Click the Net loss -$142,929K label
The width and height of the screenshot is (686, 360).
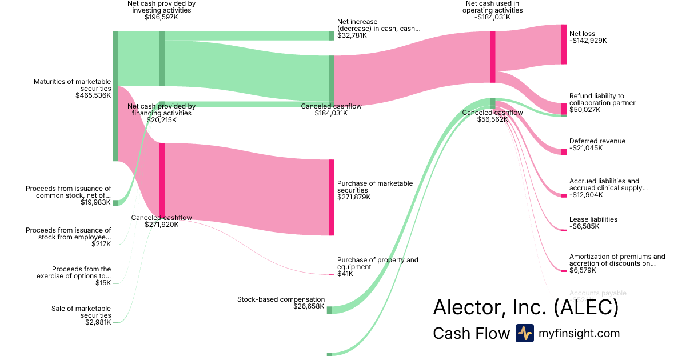click(x=588, y=37)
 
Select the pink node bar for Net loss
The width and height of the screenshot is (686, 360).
click(x=564, y=44)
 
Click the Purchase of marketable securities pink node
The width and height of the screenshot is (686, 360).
click(x=332, y=197)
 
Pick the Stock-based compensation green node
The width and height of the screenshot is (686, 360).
click(x=329, y=310)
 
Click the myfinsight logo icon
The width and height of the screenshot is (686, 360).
click(x=524, y=333)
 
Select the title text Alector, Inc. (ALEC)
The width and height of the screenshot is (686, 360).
click(x=525, y=307)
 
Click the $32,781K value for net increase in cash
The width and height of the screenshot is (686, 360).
click(x=352, y=35)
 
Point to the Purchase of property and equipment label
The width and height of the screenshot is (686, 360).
click(x=377, y=263)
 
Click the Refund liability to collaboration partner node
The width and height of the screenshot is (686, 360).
click(x=564, y=109)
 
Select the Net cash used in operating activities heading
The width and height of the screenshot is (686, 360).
click(x=493, y=10)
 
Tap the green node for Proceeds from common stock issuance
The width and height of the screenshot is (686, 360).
click(x=115, y=202)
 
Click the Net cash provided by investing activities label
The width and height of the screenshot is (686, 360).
click(x=161, y=10)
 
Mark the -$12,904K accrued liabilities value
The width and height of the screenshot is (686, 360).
click(x=586, y=195)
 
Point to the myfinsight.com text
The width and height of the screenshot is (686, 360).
click(x=579, y=333)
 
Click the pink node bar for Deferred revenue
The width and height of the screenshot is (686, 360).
click(x=564, y=151)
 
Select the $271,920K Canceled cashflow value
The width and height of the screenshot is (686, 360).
click(x=162, y=225)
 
